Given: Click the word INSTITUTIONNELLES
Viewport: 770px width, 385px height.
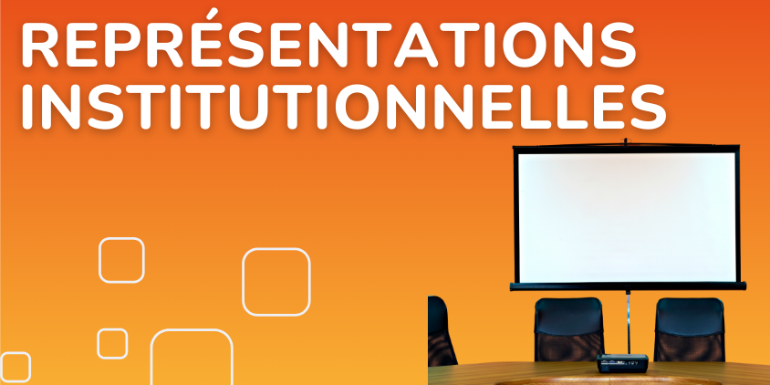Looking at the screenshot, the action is pos(344,107).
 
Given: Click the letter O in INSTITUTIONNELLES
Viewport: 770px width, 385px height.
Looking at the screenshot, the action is pos(359,107).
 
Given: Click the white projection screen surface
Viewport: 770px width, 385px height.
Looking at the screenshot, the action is pos(627,216).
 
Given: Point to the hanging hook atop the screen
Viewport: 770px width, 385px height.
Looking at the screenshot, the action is pos(625,141).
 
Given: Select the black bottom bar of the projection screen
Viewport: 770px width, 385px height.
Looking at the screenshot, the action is pos(628,286).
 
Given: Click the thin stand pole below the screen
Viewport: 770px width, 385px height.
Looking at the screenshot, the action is pos(628,322).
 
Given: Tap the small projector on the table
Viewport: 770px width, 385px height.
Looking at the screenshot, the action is pos(622,363).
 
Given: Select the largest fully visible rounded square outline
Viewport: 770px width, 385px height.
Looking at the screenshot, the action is pos(243,282).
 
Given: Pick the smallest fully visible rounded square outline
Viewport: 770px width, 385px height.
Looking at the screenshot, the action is pos(98,344).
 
